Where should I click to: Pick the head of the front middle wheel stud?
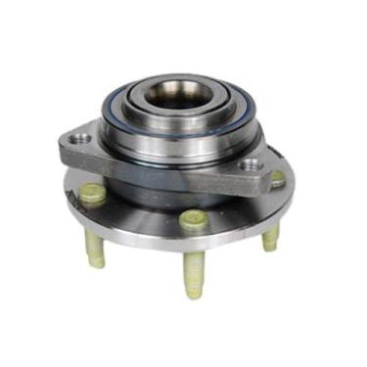[x=193, y=223]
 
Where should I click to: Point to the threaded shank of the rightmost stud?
[x=271, y=235]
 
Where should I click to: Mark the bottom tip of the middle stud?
[x=194, y=294]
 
